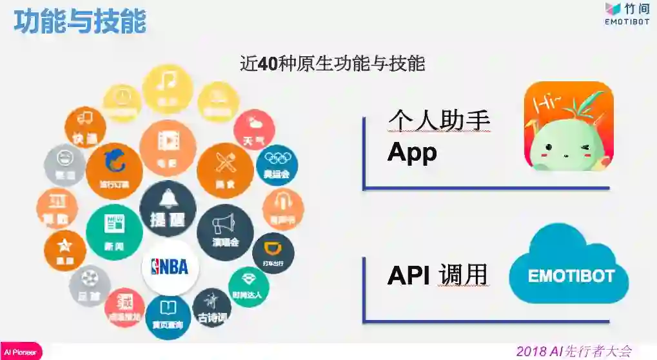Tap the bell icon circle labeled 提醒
click(168, 208)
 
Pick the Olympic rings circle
click(277, 165)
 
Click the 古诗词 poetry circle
click(212, 306)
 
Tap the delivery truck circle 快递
click(85, 127)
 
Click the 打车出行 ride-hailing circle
click(273, 253)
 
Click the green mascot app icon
click(568, 126)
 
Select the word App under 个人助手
click(412, 152)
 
